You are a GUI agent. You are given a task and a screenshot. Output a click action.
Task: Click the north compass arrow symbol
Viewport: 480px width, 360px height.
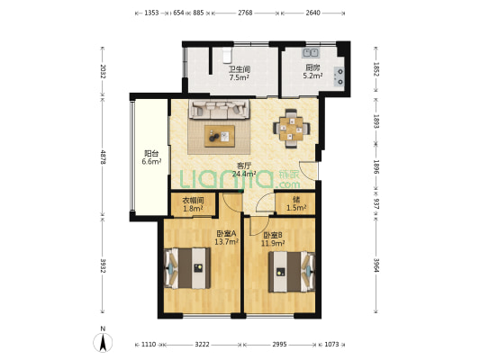[103, 342]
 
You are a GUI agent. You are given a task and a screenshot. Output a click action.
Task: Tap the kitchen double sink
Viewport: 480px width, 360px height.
[311, 53]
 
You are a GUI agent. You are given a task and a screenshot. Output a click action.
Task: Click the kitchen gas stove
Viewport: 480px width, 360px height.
[340, 76]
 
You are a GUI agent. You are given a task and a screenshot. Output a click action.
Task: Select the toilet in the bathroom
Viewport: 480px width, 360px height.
[227, 55]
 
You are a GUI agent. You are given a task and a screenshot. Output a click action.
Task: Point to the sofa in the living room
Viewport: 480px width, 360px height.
[219, 109]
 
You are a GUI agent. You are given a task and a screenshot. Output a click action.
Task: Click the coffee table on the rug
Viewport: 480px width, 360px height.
[220, 136]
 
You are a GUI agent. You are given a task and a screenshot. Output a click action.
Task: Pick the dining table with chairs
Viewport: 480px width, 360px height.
[291, 129]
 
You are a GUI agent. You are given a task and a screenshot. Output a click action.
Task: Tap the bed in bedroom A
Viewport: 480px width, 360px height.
[187, 268]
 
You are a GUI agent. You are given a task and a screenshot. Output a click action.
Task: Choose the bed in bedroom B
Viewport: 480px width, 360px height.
[292, 272]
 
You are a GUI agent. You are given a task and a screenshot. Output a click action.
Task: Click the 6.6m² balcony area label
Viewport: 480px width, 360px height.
[151, 162]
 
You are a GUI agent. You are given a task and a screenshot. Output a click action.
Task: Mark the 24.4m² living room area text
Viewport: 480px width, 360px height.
[244, 174]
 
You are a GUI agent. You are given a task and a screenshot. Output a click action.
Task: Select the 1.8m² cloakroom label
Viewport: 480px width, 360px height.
[193, 209]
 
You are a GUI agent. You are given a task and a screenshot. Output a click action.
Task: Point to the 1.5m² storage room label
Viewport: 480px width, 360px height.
[296, 208]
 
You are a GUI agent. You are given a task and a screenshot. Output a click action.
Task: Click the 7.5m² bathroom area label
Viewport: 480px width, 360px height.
[239, 77]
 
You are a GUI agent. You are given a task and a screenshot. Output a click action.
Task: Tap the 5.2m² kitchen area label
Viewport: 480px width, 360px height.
[312, 76]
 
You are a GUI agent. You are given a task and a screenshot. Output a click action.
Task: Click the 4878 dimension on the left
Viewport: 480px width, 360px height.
[103, 157]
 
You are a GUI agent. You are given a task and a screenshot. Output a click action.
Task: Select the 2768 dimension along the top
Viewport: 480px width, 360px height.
[245, 13]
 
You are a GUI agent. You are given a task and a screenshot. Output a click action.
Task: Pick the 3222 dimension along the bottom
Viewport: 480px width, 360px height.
[203, 345]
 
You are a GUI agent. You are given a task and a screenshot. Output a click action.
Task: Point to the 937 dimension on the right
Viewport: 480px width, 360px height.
[376, 202]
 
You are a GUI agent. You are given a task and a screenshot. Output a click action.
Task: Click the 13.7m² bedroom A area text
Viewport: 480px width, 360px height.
[227, 242]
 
